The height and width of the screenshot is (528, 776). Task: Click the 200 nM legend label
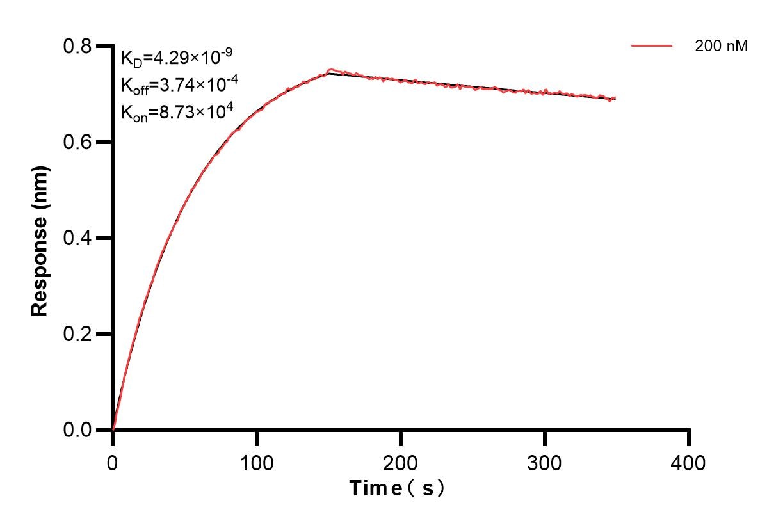tap(721, 46)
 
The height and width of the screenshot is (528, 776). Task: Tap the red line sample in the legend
tap(652, 46)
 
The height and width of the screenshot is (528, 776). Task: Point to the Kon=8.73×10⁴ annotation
tap(177, 112)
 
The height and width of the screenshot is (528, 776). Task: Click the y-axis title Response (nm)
tap(40, 239)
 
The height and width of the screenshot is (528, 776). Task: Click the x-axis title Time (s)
tap(397, 488)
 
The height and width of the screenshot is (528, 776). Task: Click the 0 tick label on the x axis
tap(113, 462)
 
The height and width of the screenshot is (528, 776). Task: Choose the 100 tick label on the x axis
tap(257, 462)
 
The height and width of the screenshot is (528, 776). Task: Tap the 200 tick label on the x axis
tap(401, 462)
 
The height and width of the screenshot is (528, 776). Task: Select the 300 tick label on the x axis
tap(545, 462)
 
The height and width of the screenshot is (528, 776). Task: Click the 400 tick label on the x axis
tap(689, 462)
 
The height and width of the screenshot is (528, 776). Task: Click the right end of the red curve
tap(615, 99)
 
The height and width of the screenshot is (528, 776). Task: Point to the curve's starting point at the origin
tap(113, 429)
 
